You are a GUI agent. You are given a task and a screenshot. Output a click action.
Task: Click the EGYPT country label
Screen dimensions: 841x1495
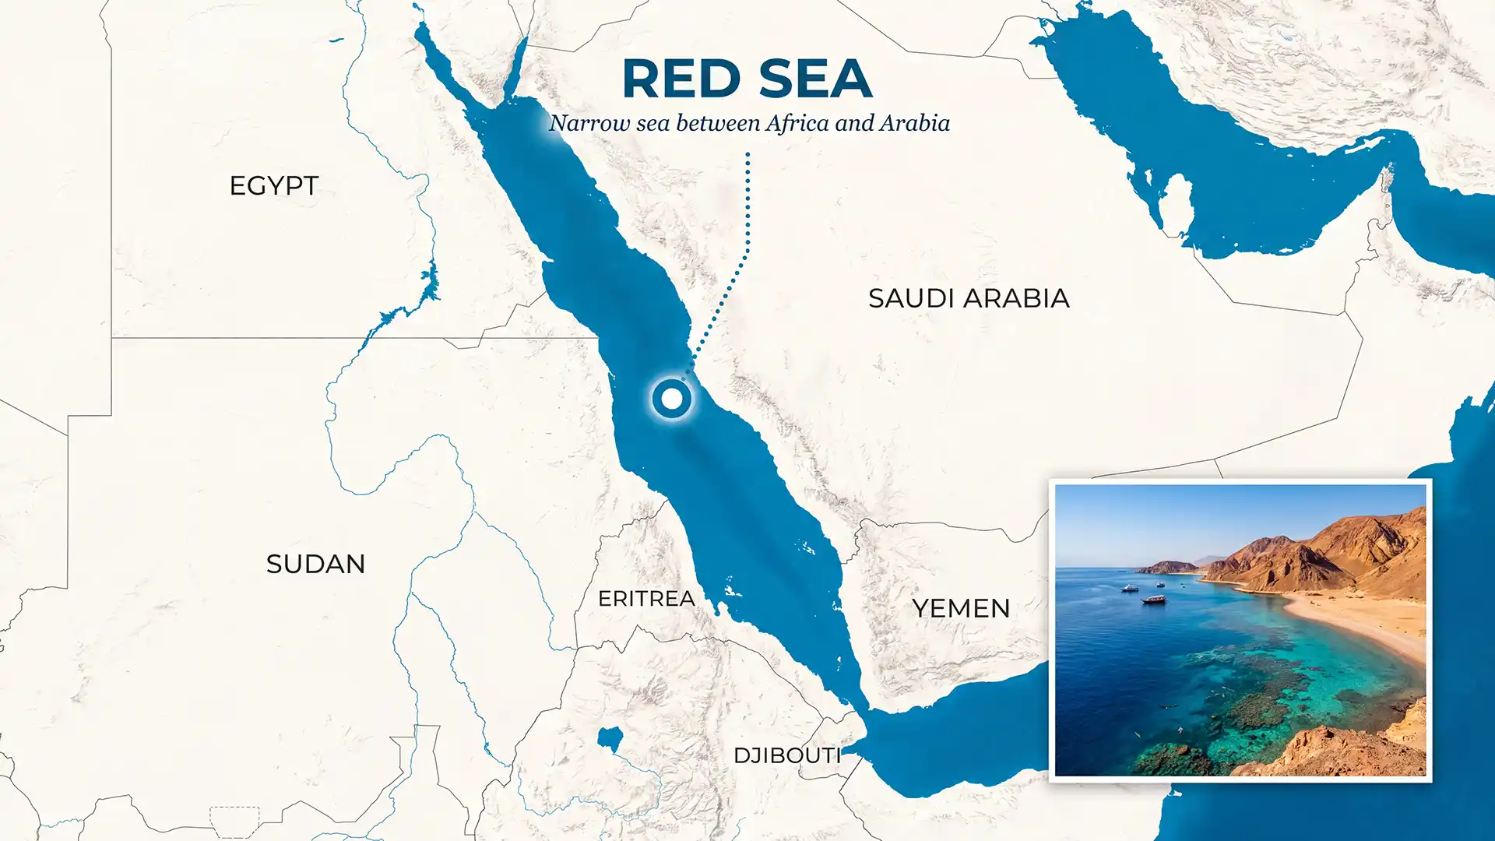[274, 186]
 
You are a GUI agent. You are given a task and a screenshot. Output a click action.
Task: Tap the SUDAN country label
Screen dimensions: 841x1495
[315, 564]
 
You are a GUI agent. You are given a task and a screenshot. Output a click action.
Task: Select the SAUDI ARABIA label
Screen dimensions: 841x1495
[969, 298]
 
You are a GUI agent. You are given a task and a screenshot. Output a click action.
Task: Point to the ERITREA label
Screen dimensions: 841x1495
[646, 598]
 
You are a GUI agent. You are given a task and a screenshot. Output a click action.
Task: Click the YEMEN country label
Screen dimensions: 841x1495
[961, 608]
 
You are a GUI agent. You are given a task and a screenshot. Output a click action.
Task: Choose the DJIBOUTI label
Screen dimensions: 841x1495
[786, 755]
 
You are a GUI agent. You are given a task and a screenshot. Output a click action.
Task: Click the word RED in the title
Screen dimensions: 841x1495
[681, 79]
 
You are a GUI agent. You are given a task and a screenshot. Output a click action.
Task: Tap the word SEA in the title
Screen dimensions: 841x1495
[814, 79]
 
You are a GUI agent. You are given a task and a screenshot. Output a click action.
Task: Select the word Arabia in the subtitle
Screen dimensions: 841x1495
[915, 123]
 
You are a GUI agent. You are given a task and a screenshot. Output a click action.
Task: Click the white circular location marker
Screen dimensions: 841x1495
[671, 399]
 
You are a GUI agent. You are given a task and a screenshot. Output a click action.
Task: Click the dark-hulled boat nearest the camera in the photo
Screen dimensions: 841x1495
[1154, 600]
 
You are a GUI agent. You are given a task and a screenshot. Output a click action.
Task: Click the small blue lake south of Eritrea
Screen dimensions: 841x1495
[610, 737]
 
